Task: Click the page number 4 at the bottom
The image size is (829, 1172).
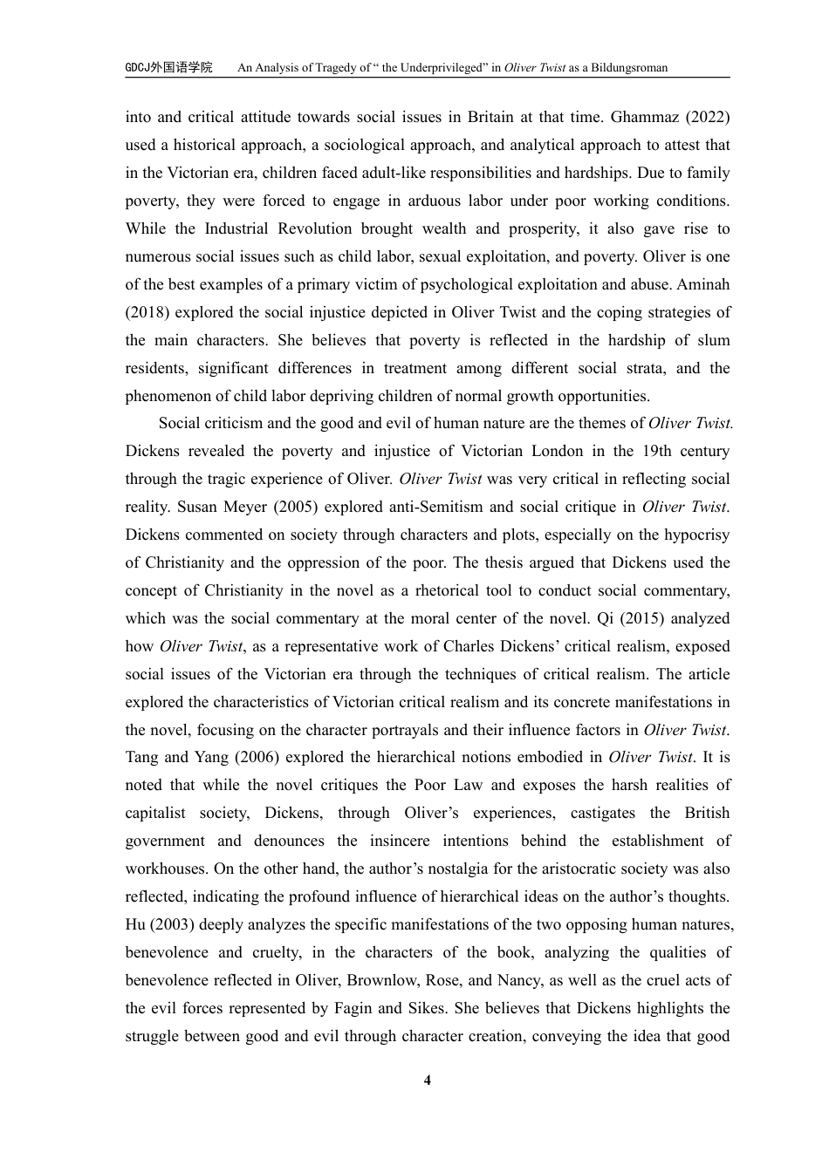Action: [x=428, y=1081]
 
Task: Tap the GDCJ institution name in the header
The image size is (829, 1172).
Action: [x=168, y=67]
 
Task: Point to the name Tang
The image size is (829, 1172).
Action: [x=142, y=757]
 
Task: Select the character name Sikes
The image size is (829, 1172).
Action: [x=427, y=1008]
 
